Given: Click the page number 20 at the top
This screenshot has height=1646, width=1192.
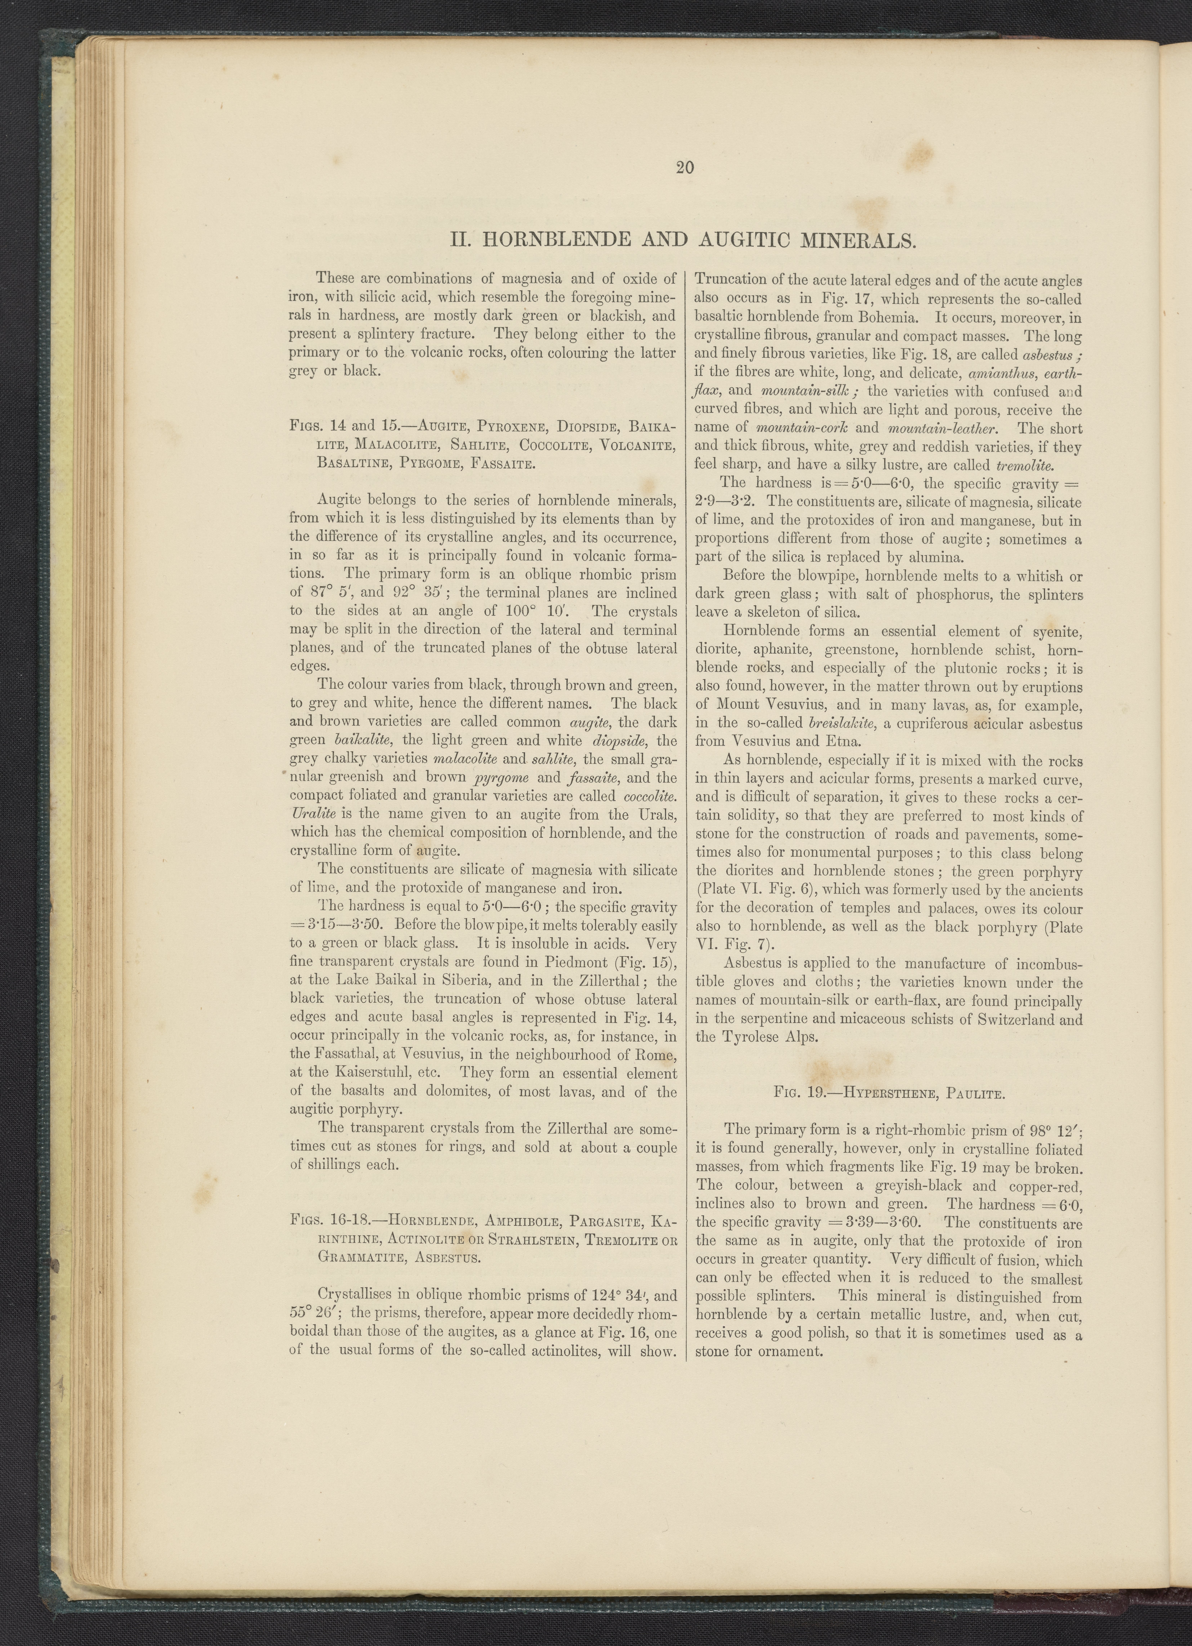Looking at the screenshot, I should point(684,168).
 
